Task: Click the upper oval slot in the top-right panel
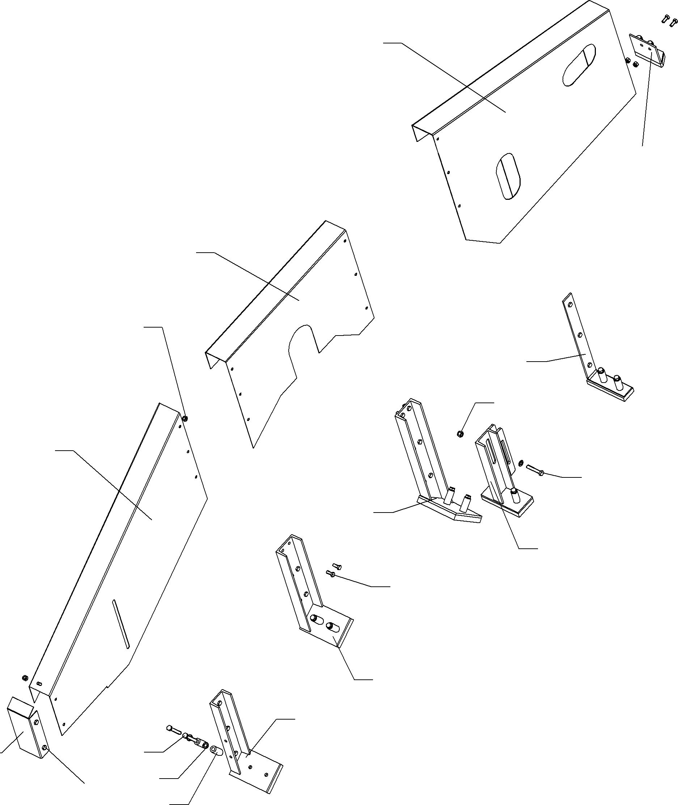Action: (x=579, y=64)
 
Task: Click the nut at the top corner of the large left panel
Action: (x=185, y=418)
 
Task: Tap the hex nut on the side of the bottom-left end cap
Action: (x=45, y=747)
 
